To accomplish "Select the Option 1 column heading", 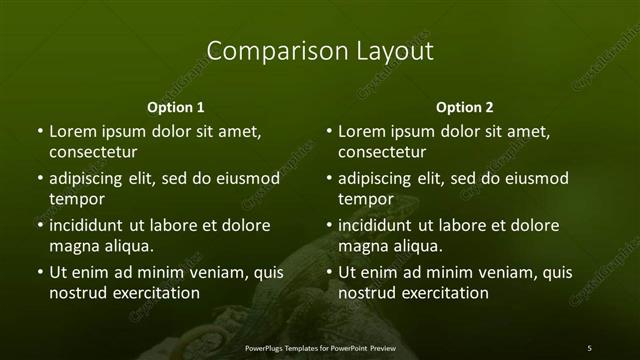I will [176, 107].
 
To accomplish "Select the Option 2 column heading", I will [465, 107].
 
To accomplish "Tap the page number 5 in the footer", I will [589, 347].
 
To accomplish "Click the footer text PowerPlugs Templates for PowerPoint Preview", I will [319, 347].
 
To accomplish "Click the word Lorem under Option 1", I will [72, 131].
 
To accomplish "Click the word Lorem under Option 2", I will [362, 131].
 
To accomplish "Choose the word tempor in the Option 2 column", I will [365, 199].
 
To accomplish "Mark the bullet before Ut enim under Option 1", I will [39, 272].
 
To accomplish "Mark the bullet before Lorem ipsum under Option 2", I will [329, 131].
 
